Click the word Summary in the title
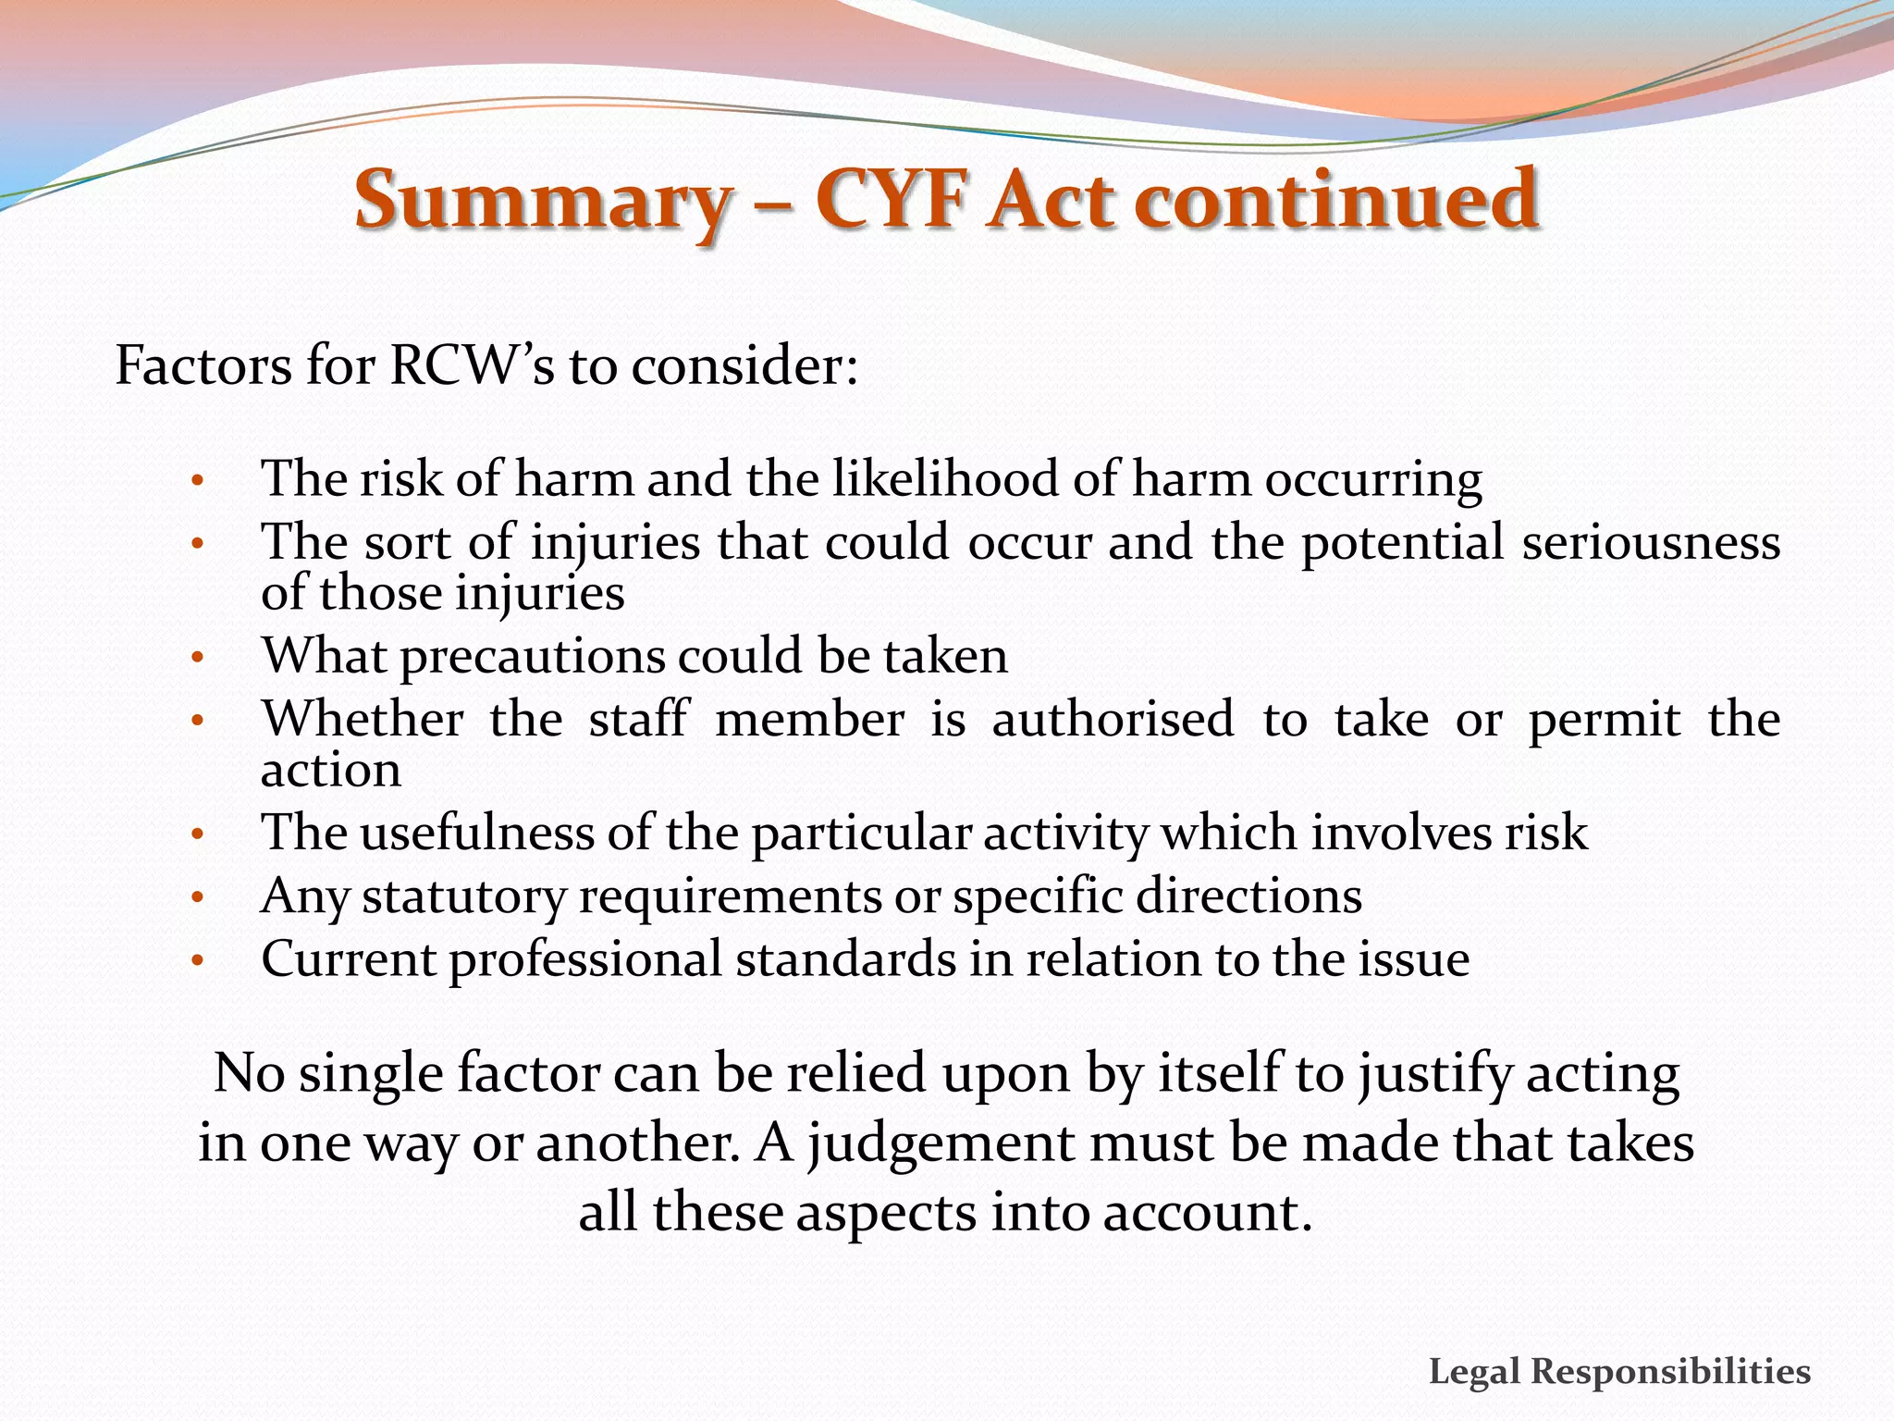point(543,201)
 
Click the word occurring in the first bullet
point(1373,481)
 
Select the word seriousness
point(1651,542)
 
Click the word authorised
point(1113,719)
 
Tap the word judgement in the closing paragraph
point(941,1144)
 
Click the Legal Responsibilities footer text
point(1619,1371)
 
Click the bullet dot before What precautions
point(196,659)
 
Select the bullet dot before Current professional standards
point(196,962)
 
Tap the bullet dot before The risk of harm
point(196,482)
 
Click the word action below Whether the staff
point(331,771)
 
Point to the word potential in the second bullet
point(1402,544)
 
